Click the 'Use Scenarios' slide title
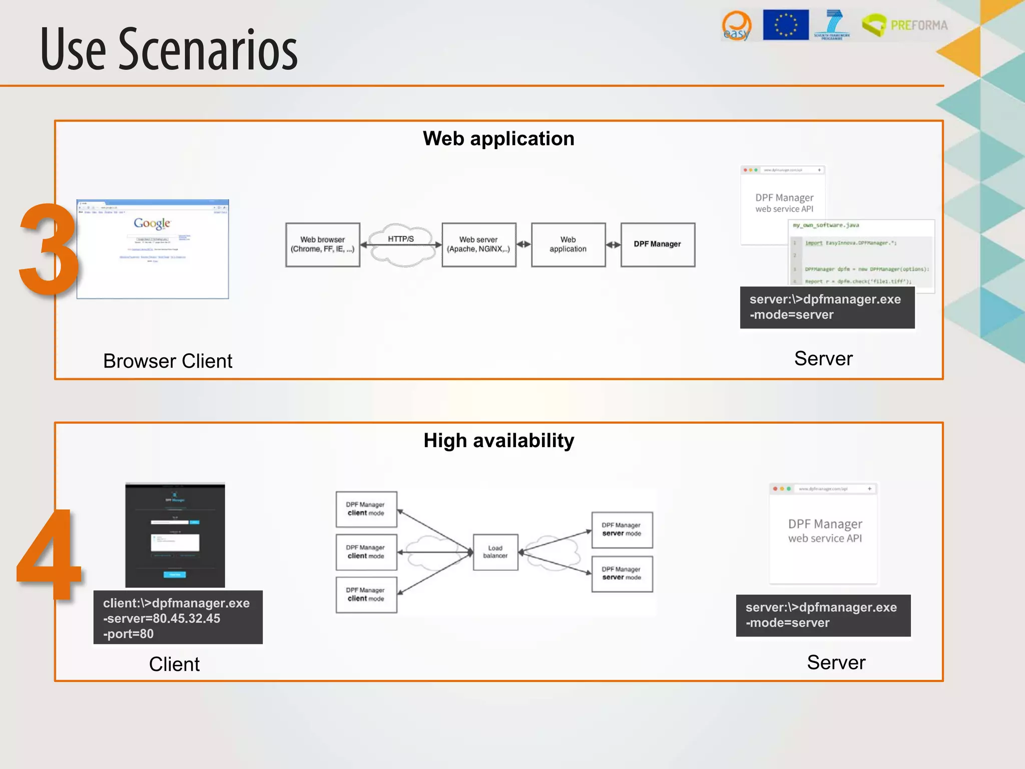[169, 49]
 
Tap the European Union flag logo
[785, 25]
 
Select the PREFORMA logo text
[919, 25]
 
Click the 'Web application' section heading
[498, 139]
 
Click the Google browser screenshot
[153, 249]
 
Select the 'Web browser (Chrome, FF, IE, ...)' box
[322, 244]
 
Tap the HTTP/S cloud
[401, 245]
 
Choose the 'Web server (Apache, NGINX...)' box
[478, 244]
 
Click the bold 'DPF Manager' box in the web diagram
[657, 244]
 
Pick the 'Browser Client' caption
[168, 361]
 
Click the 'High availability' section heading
[498, 441]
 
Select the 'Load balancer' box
[495, 552]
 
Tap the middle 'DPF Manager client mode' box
[366, 552]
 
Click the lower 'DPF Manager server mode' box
[622, 573]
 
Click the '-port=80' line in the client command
[129, 634]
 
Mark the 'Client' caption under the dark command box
[174, 664]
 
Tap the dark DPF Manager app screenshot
[175, 535]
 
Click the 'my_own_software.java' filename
[825, 225]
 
